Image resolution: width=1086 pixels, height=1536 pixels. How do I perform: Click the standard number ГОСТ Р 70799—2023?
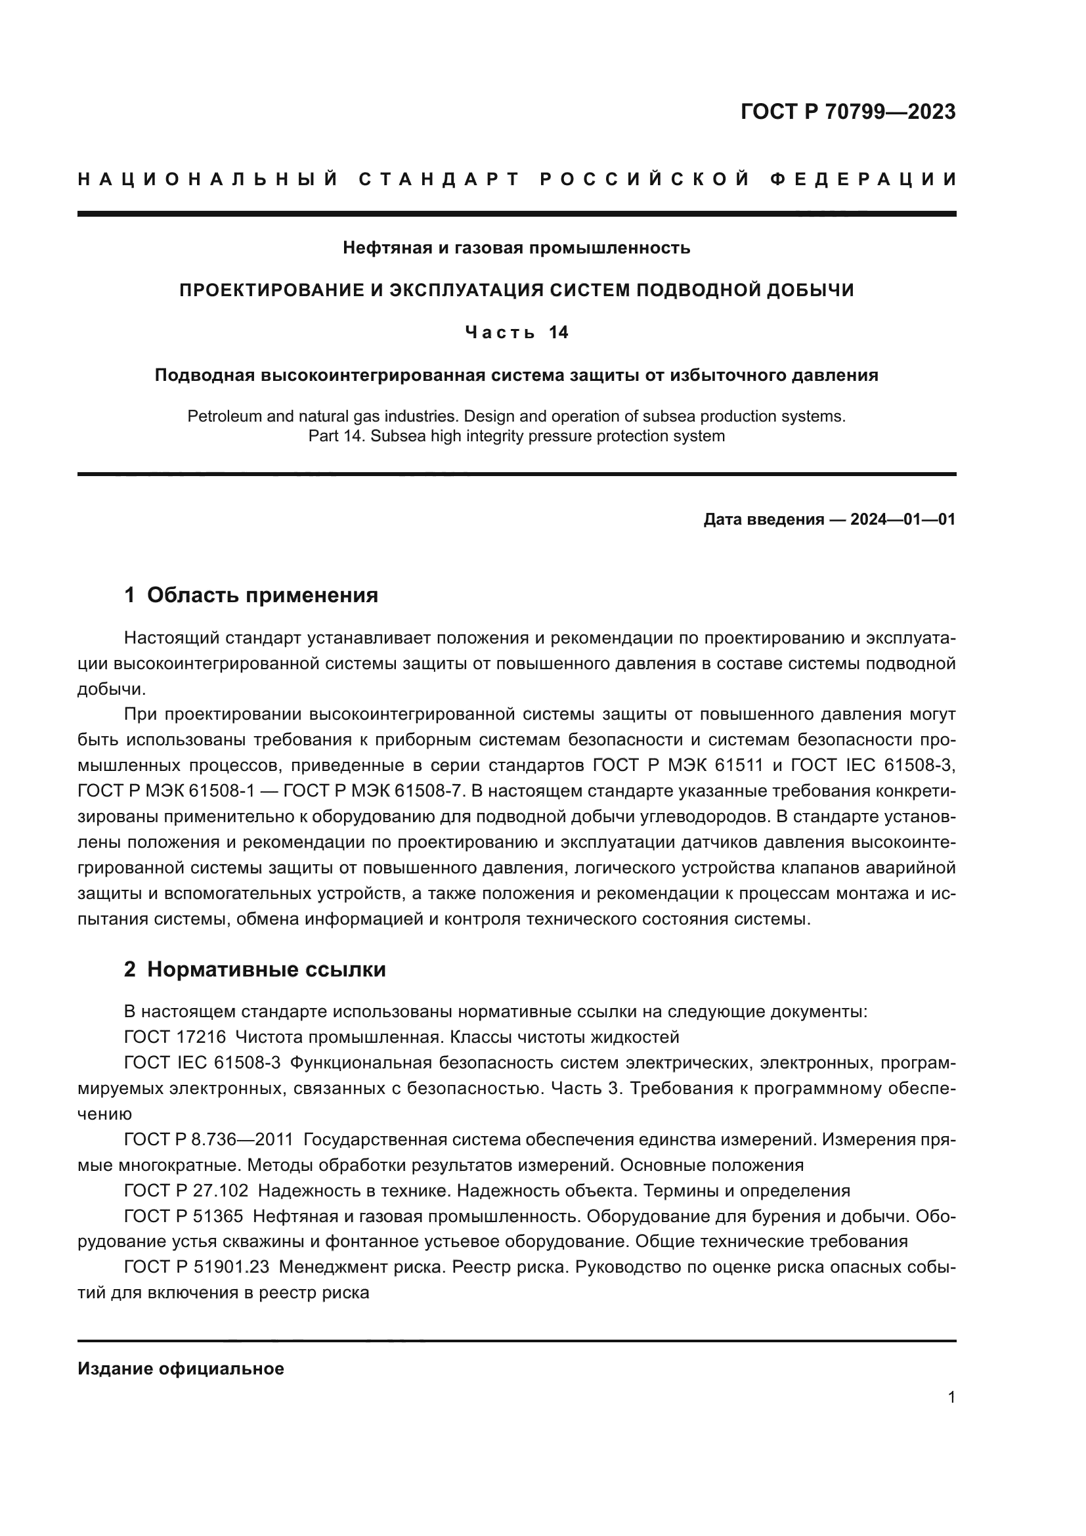[x=847, y=112]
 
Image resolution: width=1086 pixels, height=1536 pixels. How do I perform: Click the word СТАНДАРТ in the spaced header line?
[x=439, y=179]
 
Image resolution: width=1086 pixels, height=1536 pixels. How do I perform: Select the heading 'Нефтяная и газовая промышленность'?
[x=516, y=248]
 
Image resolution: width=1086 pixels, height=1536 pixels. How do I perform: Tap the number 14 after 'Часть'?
[x=558, y=332]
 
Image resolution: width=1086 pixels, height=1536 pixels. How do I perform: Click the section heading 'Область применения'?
[x=262, y=595]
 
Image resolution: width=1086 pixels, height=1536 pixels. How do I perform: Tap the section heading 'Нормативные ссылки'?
[x=266, y=969]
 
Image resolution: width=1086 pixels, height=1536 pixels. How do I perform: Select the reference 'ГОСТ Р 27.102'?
[x=186, y=1190]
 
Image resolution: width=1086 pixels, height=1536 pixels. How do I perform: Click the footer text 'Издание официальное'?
[x=181, y=1369]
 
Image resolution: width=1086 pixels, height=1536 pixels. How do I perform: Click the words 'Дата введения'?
[x=763, y=519]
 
